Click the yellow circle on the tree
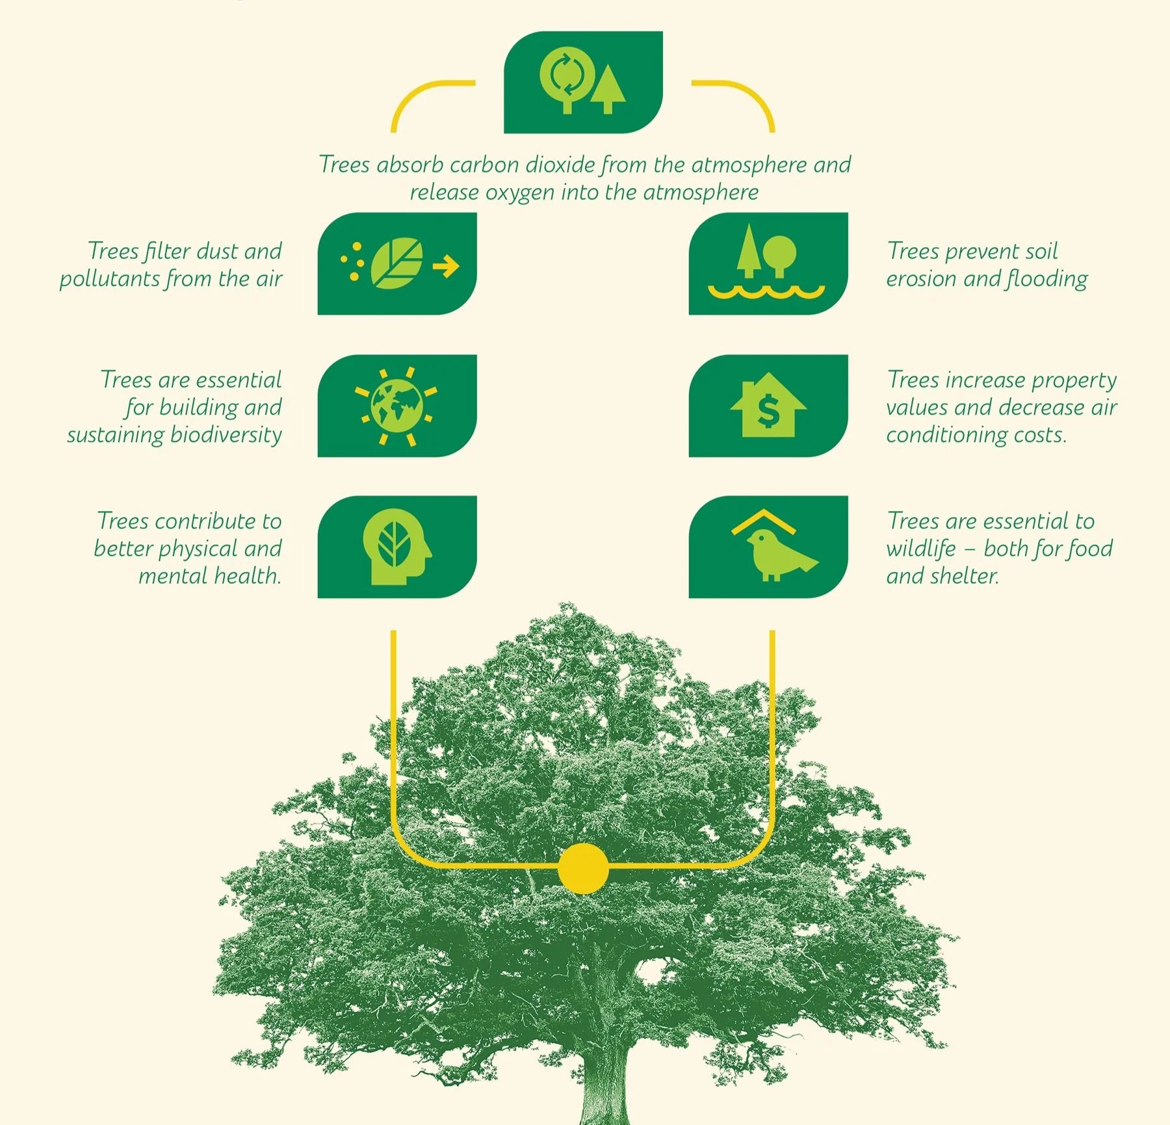[x=583, y=868]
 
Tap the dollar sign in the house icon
[x=768, y=411]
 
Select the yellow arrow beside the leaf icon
[x=446, y=265]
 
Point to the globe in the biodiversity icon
[x=396, y=406]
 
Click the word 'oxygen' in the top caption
[x=520, y=193]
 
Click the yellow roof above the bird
[x=764, y=521]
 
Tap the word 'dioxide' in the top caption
[x=560, y=165]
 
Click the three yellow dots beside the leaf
[x=353, y=261]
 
